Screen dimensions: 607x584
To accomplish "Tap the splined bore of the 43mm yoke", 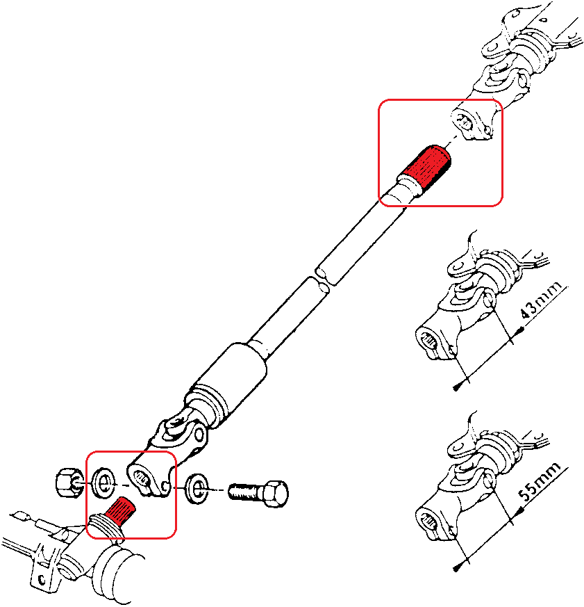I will tap(431, 341).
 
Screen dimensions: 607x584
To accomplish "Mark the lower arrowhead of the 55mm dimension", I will tap(456, 567).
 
